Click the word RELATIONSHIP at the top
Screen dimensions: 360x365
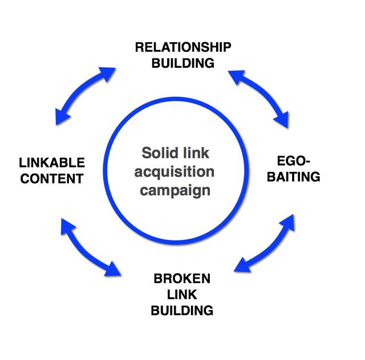[x=182, y=47]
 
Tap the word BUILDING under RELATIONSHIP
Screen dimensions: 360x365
[x=182, y=63]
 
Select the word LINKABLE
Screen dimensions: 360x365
[x=51, y=163]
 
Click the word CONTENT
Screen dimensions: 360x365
[x=51, y=178]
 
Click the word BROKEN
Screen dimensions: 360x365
[x=182, y=279]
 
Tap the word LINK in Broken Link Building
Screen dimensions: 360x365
[x=182, y=294]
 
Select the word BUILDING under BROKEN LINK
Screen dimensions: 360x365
[x=182, y=310]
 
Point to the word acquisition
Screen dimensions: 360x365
[x=178, y=172]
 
